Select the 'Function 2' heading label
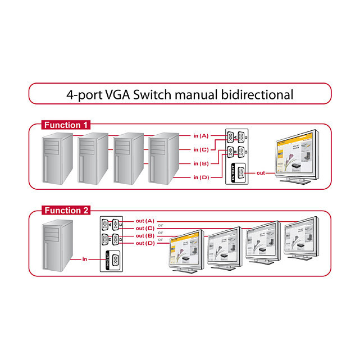tap(66, 211)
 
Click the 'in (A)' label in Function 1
tap(200, 135)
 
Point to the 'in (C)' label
tap(200, 149)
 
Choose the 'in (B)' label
tap(200, 163)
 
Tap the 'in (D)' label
tap(200, 177)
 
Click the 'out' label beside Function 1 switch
tap(261, 173)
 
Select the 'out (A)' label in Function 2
tap(145, 221)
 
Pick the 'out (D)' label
tap(145, 243)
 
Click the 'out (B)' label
tap(145, 236)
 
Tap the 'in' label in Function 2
tap(85, 259)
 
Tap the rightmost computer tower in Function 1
tap(163, 159)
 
